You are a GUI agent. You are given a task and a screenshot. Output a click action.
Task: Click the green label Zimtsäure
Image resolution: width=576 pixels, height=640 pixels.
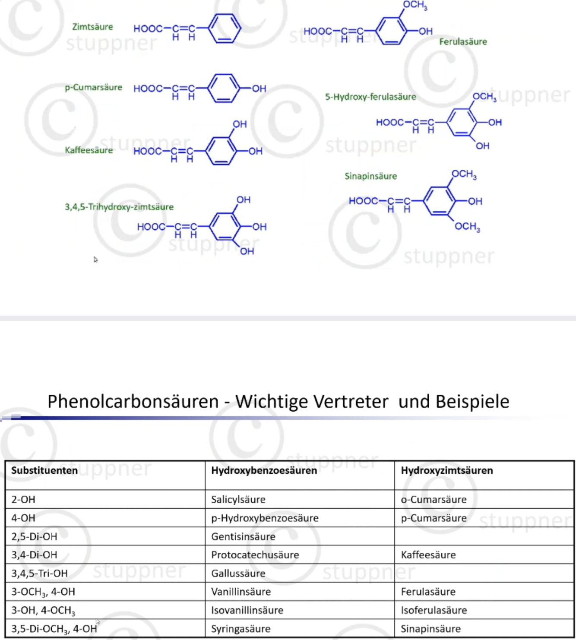92,27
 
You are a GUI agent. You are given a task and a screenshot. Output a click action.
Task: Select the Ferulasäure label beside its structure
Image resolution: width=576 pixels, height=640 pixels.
463,41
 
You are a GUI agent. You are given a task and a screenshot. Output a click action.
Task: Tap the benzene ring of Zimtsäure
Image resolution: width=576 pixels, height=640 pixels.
225,29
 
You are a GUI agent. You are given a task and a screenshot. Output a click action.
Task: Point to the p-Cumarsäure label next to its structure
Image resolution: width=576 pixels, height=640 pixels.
93,87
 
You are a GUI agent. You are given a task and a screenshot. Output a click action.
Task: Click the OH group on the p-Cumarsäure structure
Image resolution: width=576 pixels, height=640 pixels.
259,89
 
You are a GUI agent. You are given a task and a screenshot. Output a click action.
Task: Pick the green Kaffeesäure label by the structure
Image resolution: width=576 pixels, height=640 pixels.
89,150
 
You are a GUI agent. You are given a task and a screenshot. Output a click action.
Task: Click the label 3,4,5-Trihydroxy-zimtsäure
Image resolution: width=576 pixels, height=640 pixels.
119,207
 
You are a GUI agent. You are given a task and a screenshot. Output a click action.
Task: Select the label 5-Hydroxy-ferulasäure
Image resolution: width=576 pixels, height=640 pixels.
370,97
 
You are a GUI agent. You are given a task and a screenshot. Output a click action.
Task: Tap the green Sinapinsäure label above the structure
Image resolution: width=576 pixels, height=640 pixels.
370,176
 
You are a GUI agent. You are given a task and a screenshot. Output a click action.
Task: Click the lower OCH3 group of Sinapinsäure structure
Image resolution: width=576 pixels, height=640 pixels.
467,227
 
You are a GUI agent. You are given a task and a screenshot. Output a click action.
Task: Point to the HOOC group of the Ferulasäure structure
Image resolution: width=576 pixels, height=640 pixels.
318,31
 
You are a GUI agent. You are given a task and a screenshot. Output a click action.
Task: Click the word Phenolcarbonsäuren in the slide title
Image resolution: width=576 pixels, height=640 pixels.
133,402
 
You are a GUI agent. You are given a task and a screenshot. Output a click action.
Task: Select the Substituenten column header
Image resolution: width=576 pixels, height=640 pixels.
44,470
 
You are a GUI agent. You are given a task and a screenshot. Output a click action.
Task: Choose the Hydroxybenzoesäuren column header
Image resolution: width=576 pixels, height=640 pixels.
264,470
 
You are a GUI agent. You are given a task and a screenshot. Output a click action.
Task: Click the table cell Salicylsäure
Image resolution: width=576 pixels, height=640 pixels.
238,500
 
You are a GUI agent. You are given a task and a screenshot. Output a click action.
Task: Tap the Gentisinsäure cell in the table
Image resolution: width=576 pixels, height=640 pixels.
243,536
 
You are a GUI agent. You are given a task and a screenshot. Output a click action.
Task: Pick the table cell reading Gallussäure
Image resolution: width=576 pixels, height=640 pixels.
238,573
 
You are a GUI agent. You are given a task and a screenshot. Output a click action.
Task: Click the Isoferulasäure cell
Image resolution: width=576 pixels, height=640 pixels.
434,610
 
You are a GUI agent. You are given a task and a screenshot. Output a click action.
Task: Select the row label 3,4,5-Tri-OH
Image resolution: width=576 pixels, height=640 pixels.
39,573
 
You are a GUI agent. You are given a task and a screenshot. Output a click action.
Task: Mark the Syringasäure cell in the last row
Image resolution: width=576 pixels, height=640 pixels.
241,629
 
